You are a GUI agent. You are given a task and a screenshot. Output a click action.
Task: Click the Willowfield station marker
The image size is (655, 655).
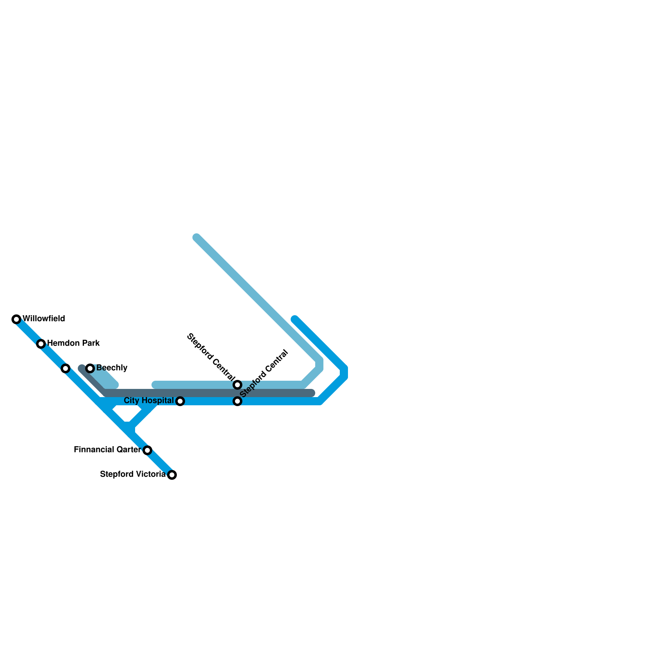tap(16, 319)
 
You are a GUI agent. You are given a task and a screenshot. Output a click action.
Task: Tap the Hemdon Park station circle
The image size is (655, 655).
tap(41, 344)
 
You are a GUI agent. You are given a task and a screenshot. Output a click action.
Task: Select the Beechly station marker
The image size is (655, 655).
tap(90, 368)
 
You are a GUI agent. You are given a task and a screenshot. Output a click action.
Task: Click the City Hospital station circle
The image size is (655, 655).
tap(180, 401)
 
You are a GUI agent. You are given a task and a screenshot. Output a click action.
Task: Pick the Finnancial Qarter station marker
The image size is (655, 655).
tap(147, 450)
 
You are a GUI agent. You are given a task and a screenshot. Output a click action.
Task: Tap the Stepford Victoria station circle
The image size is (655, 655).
tap(172, 475)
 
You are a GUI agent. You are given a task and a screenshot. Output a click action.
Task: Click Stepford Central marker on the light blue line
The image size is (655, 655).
tap(237, 385)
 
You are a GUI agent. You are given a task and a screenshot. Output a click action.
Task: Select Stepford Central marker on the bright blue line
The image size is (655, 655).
tap(237, 401)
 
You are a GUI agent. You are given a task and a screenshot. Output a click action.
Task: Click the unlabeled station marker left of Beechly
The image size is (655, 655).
tap(65, 368)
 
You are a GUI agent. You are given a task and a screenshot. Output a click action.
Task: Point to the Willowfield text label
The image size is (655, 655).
tap(44, 318)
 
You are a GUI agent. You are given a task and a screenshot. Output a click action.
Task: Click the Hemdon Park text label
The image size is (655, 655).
tap(73, 343)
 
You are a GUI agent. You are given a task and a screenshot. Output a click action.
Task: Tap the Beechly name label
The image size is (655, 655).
tap(112, 368)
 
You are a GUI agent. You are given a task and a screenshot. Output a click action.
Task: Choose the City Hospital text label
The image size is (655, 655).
tap(149, 400)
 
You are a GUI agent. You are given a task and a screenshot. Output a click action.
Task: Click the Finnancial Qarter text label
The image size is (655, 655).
tap(107, 449)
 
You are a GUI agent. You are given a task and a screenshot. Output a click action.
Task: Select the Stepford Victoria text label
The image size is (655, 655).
tap(133, 474)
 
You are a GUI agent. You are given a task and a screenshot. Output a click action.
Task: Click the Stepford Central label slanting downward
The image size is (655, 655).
tap(210, 357)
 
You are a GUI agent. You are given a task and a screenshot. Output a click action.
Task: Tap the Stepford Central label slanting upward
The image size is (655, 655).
tap(264, 373)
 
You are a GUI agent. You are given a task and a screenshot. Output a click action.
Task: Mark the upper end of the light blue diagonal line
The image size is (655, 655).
tap(197, 237)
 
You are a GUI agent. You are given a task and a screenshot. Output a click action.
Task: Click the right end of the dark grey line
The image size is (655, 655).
tap(312, 393)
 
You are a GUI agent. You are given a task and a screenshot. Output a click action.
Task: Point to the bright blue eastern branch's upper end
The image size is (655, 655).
tap(295, 319)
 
